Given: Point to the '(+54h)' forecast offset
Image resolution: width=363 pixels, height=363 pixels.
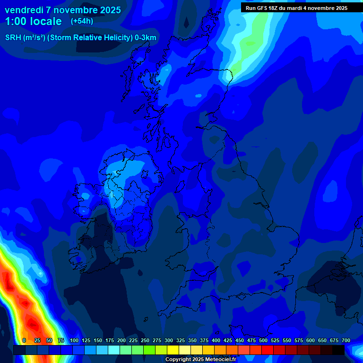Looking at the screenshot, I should (82, 21).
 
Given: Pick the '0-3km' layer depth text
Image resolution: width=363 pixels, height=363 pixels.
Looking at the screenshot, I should (146, 38).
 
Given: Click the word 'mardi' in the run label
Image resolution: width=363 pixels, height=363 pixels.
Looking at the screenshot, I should (300, 8).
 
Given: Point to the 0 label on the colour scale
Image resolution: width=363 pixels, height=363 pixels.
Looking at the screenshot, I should (24, 340).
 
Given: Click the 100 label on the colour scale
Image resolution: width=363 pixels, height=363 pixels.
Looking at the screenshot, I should (74, 340).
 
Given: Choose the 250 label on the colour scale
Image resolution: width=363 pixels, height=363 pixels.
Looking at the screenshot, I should (145, 340).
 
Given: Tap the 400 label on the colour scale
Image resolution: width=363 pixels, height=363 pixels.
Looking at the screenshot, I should (216, 340).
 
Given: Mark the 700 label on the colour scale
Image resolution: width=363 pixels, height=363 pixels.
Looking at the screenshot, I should (346, 340).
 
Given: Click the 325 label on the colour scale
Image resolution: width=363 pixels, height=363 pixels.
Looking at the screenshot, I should (181, 340).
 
